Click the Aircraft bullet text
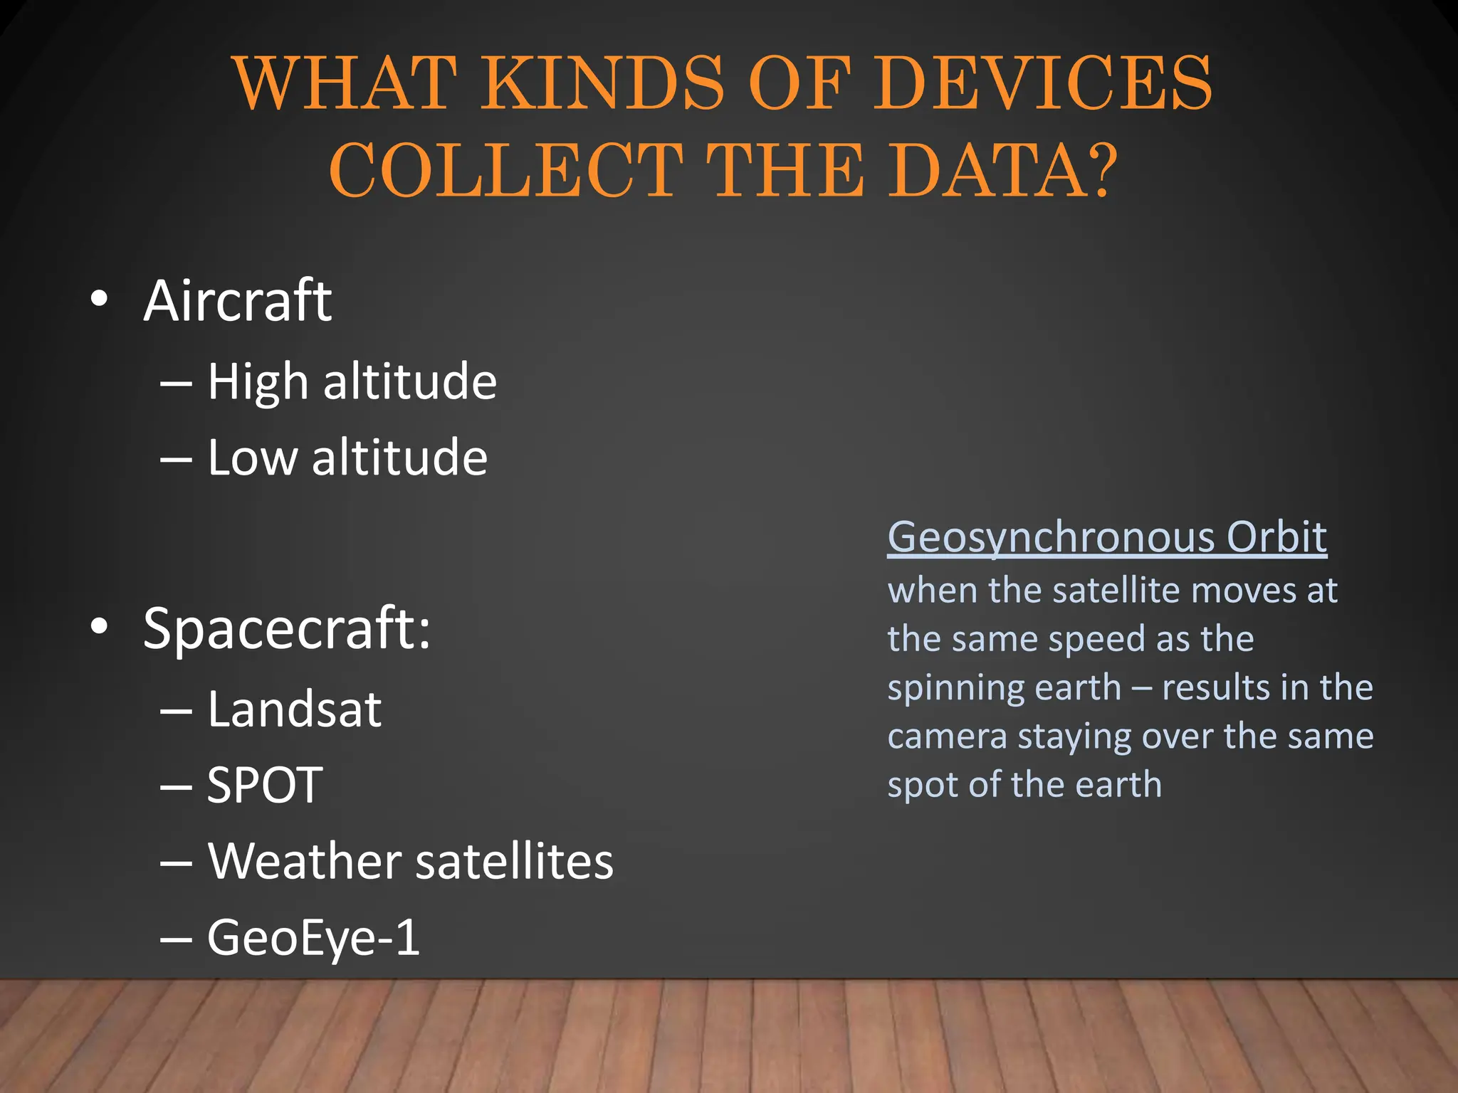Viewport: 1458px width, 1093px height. [x=238, y=301]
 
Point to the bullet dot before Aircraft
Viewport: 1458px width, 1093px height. [x=100, y=299]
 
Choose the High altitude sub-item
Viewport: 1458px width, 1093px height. [x=352, y=382]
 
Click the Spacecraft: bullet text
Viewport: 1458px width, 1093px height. [x=287, y=628]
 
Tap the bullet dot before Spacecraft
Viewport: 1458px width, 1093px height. [x=100, y=626]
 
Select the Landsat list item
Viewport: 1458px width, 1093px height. [x=294, y=709]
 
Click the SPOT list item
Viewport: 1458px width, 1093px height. [x=265, y=786]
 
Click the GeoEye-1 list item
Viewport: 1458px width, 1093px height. [x=313, y=938]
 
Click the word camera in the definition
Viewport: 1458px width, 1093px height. [x=947, y=736]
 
